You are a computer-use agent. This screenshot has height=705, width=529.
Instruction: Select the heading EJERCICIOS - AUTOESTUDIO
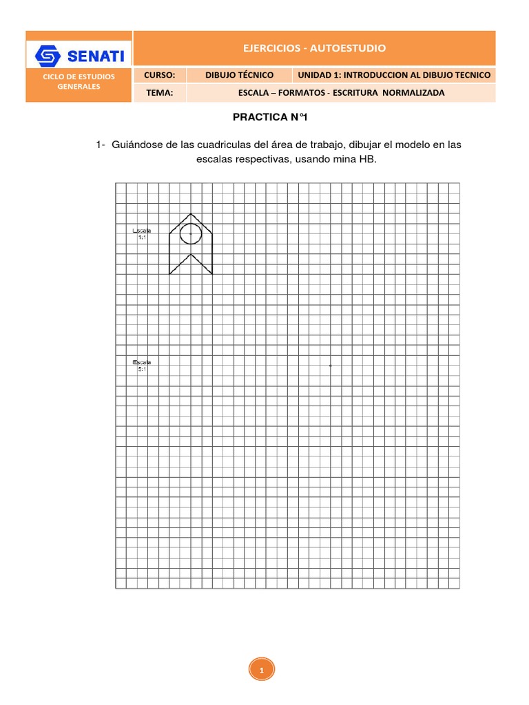[313, 48]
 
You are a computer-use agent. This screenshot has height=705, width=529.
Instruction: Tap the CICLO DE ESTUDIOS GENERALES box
[79, 82]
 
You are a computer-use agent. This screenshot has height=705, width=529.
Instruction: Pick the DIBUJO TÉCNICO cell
[240, 74]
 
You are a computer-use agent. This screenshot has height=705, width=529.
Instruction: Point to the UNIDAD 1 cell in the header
[394, 74]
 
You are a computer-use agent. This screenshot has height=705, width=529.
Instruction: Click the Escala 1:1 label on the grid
[142, 233]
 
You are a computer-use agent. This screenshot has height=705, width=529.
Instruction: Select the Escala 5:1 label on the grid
[142, 365]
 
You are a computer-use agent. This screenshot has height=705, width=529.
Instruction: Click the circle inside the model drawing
[191, 233]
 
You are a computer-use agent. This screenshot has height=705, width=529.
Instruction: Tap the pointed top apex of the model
[191, 213]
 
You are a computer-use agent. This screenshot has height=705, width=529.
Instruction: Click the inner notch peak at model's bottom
[191, 254]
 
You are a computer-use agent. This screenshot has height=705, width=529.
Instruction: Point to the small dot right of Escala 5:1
[331, 366]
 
